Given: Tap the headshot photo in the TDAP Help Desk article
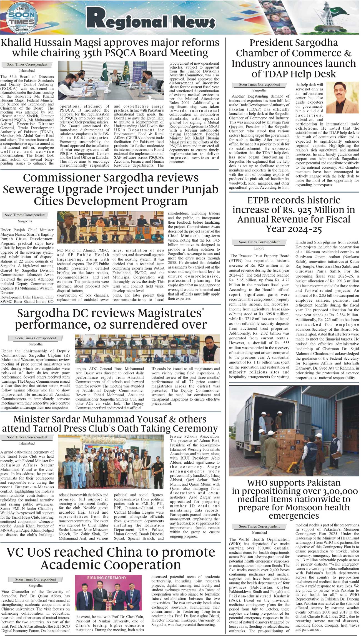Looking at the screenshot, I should click(342, 97).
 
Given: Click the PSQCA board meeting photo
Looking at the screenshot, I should click(111, 81).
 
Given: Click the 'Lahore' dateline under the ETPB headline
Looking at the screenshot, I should click(259, 248).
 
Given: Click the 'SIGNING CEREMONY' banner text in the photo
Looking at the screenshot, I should click(107, 578).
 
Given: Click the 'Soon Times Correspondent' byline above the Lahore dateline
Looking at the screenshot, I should click(259, 242).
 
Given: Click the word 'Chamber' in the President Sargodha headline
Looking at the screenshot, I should click(261, 53).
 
